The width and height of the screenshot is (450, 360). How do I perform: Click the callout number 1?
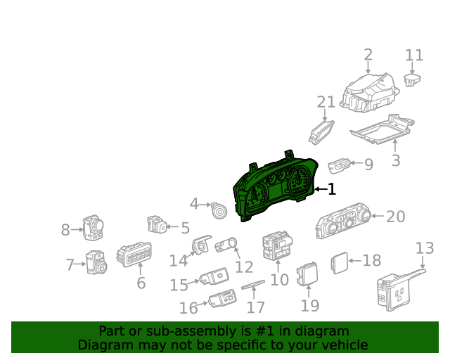tap(331, 189)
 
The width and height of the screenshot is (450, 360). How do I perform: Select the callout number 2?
tap(368, 55)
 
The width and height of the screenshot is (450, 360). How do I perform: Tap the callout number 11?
tap(415, 55)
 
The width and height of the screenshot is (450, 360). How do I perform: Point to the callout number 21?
tap(326, 103)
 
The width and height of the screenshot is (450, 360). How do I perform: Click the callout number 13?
tap(425, 248)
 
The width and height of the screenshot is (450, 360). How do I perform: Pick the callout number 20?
tap(396, 217)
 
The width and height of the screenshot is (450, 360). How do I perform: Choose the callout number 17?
tap(256, 307)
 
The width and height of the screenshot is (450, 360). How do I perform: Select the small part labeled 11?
tap(413, 79)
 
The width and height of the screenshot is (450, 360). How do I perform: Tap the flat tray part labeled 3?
tap(380, 131)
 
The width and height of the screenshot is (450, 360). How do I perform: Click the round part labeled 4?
tap(219, 210)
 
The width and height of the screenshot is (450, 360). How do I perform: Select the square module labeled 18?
tap(339, 262)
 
